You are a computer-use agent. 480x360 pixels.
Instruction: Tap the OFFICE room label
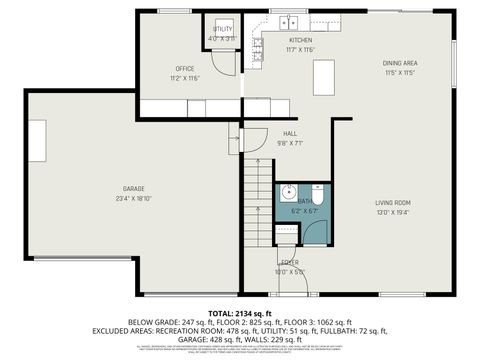click(185, 68)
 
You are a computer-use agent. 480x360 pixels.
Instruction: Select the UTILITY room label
click(222, 29)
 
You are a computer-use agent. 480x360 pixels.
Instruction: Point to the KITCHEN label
click(301, 40)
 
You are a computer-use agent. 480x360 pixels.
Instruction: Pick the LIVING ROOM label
click(393, 202)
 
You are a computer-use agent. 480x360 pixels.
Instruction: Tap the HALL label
click(290, 133)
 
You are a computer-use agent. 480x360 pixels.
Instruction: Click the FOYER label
click(290, 262)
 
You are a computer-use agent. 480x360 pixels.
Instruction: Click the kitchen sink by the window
click(290, 21)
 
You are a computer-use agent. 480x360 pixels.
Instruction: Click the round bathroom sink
click(287, 194)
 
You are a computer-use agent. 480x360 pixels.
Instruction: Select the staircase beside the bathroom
click(259, 205)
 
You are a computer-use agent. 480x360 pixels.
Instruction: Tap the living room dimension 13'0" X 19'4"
click(393, 211)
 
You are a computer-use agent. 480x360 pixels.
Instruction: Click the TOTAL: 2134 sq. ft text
click(240, 313)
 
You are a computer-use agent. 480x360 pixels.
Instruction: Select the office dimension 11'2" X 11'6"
click(185, 77)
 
